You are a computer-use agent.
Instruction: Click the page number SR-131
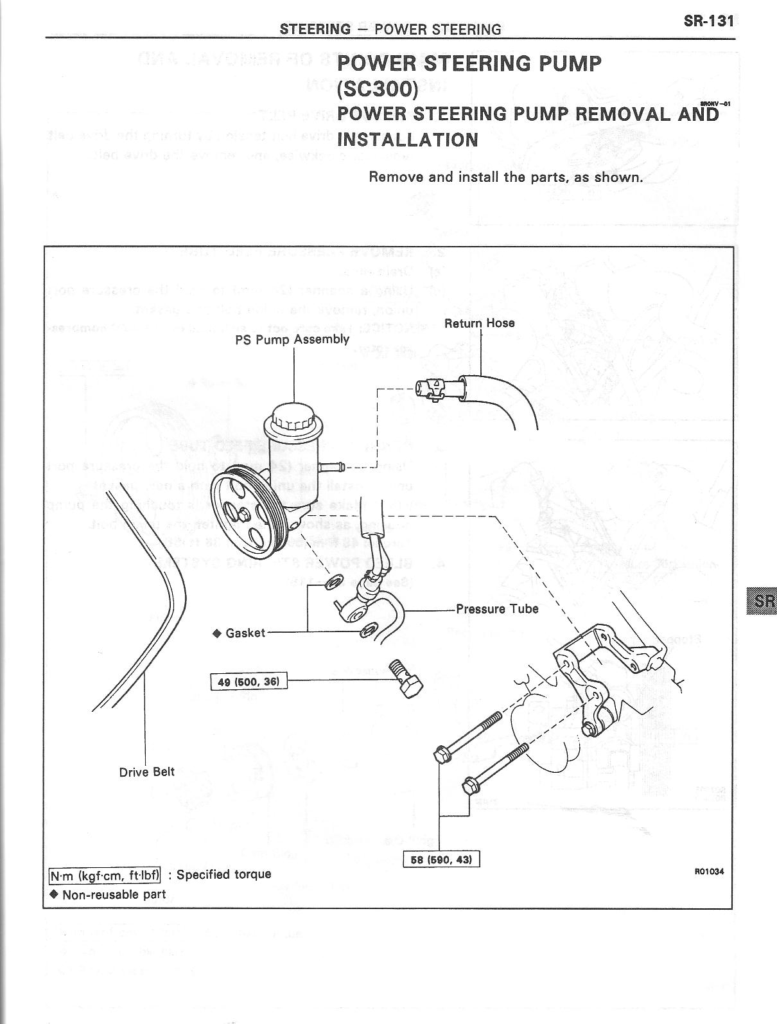(x=708, y=21)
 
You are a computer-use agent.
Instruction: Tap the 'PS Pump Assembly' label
(x=292, y=339)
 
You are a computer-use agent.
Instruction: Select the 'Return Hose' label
(x=480, y=323)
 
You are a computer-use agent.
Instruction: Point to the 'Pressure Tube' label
(x=497, y=609)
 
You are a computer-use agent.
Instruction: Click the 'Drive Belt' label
(x=147, y=772)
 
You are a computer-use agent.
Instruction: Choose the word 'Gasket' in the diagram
(x=245, y=633)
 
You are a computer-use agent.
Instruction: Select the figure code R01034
(x=709, y=872)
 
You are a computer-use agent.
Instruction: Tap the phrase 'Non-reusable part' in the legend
(x=114, y=894)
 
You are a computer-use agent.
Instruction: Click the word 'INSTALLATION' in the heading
(x=408, y=139)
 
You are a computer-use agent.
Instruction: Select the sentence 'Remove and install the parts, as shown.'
(x=505, y=177)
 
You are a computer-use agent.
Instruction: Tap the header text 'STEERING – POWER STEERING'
(x=390, y=29)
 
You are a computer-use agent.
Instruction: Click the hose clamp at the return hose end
(x=434, y=389)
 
